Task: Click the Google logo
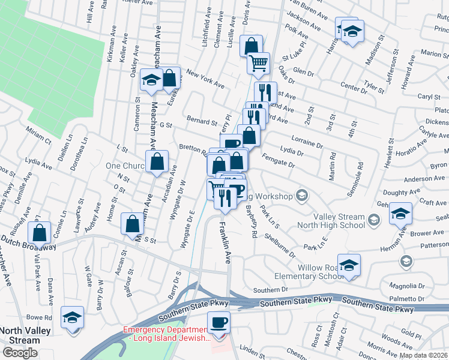pos(20,352)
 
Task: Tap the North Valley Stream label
pos(20,335)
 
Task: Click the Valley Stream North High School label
pos(339,221)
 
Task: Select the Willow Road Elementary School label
pos(315,272)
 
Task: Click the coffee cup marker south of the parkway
pos(218,322)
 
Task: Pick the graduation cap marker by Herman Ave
pos(400,213)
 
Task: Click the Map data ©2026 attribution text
pos(423,355)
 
